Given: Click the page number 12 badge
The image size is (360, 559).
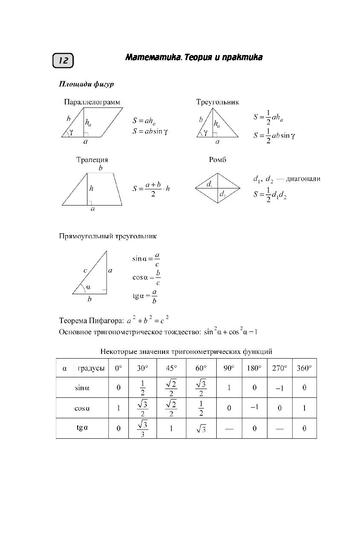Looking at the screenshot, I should coord(63,61).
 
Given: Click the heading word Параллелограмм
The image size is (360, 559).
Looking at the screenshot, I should coord(92,102).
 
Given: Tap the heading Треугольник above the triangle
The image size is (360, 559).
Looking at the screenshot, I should coord(218,102).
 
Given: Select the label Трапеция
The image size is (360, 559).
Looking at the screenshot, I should coord(92,159).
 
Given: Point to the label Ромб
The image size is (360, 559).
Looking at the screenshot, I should coord(218,159).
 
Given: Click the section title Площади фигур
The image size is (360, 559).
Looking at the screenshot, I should coord(86,84).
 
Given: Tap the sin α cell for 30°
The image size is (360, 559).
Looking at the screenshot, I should coord(143,388).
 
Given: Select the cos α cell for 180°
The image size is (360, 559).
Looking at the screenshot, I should coord(254,407).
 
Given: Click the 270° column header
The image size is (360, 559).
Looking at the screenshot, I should coord(279,368).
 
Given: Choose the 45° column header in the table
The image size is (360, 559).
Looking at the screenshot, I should coord(171,368).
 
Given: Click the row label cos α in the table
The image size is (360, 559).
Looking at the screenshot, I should coord(82,408).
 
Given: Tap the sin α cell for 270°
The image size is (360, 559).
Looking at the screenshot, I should coord(279,388).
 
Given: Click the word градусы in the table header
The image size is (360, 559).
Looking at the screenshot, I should coord(91,368).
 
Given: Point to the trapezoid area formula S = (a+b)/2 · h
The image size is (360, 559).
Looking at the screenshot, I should coord(151,189).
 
